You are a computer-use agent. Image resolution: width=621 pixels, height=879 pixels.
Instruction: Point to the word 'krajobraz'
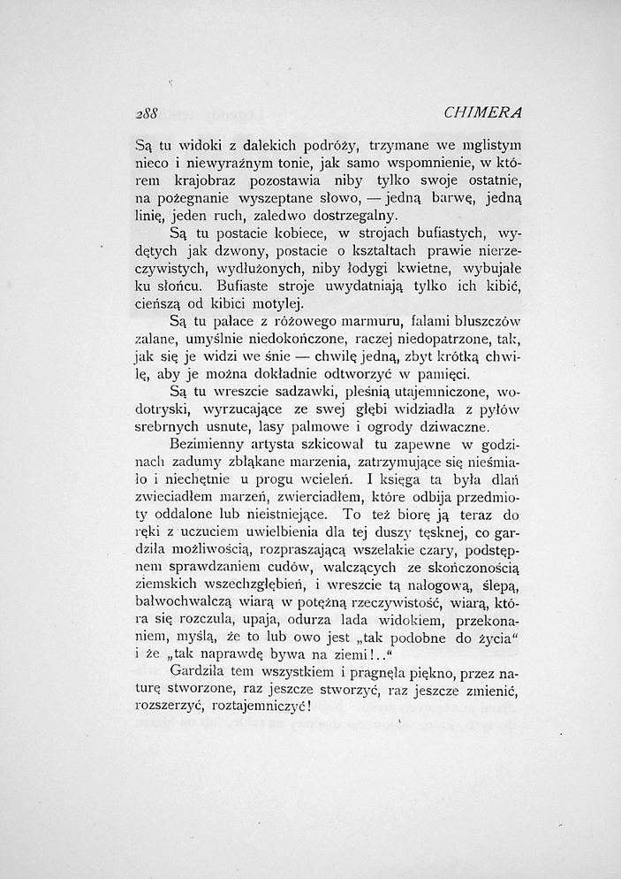(222, 180)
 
